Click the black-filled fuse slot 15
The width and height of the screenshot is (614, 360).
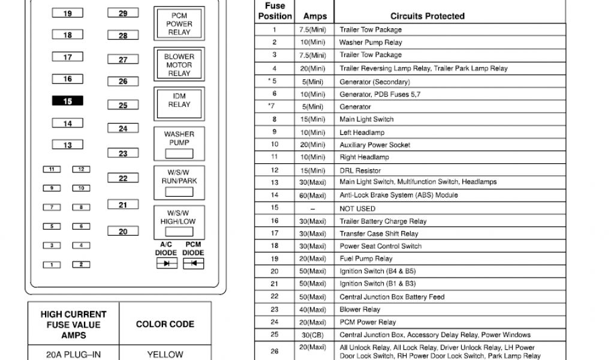coord(68,101)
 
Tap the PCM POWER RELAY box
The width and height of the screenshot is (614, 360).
coord(179,24)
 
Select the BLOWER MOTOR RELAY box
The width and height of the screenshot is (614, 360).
coord(179,65)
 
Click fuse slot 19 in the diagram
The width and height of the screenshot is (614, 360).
coord(68,13)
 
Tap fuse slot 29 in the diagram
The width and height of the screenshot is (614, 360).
coord(123,13)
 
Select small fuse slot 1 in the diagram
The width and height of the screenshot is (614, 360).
coord(52,265)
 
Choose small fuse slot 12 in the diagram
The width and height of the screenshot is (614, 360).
coord(81,170)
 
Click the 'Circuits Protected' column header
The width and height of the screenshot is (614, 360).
coord(428,16)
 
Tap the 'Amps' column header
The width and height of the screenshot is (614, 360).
coord(315,16)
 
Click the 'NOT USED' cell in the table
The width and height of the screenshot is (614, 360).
coord(357,208)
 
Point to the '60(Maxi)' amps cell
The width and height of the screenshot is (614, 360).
coord(314,196)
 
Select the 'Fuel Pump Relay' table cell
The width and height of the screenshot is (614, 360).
coord(366,259)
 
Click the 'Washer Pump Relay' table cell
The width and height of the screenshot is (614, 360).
coord(371,43)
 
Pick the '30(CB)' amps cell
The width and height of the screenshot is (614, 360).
coord(314,335)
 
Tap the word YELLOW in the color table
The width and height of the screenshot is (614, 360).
coord(165,355)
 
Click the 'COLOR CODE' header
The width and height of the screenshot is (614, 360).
coord(165,324)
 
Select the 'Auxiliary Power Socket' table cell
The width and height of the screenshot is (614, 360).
coord(375,145)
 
